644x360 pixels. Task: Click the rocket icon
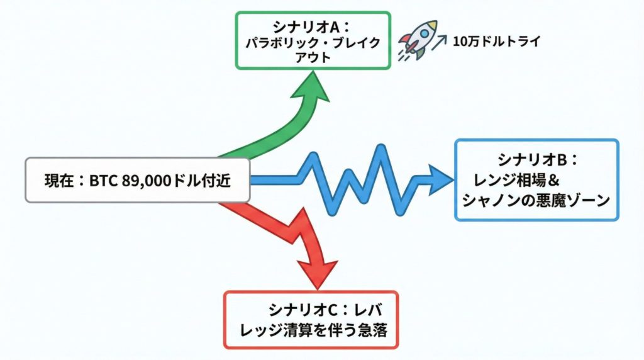(x=417, y=40)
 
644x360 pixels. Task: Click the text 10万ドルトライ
(x=496, y=42)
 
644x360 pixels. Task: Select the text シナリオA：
(x=311, y=28)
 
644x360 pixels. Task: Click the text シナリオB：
(x=537, y=159)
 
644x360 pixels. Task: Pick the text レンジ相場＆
(x=516, y=180)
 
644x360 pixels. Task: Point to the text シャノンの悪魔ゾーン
(x=536, y=201)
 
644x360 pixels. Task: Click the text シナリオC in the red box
(x=303, y=310)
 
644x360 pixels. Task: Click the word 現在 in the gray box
(x=59, y=181)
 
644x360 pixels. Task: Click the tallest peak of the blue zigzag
(x=380, y=147)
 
